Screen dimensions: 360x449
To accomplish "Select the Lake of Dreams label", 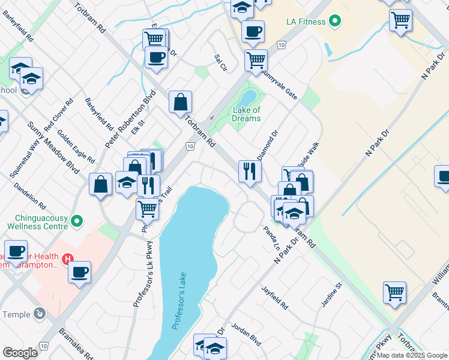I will tap(247, 114).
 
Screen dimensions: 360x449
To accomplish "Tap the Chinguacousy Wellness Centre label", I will tap(35, 221).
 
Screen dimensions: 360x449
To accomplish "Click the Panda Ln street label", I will tap(273, 239).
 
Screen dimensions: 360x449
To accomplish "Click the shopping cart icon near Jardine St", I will tap(394, 293).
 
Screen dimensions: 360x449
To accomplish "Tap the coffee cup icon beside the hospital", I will tap(79, 272).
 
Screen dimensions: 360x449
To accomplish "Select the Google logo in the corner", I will tap(20, 353).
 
